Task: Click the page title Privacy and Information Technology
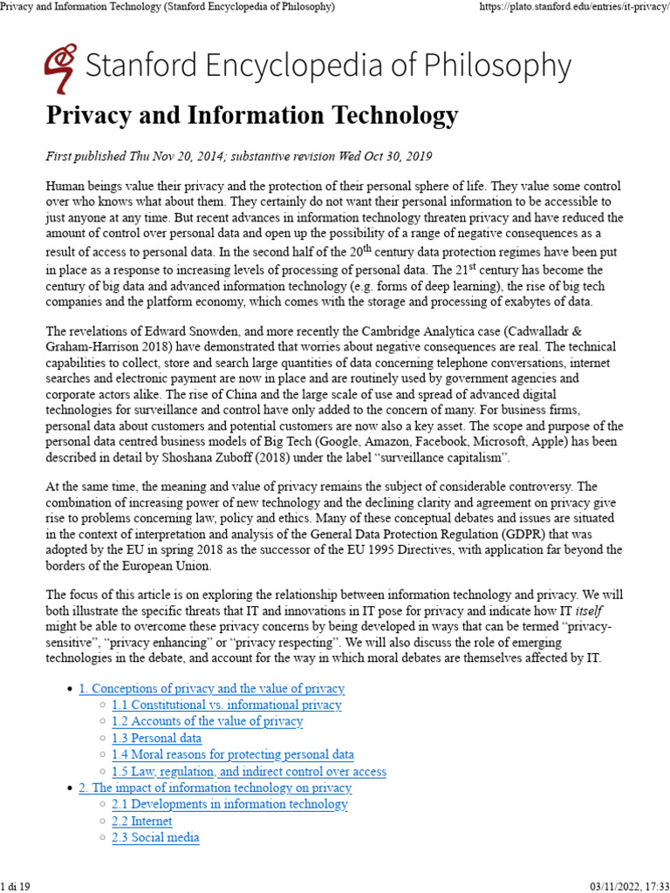[251, 115]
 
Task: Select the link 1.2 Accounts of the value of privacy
[207, 721]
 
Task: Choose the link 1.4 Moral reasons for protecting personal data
[232, 754]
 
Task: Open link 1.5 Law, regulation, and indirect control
[249, 771]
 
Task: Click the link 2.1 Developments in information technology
[229, 804]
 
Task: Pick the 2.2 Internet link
[141, 821]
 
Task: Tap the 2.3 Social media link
[155, 837]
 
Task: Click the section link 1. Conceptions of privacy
[211, 688]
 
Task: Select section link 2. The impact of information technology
[215, 787]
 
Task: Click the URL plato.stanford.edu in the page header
[573, 7]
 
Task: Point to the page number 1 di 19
[17, 886]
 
